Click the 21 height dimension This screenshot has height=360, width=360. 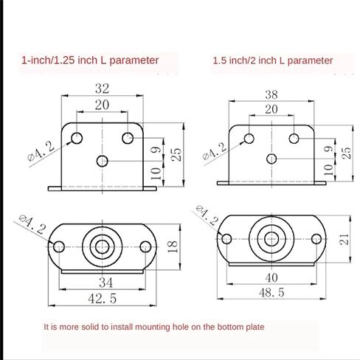pos(345,238)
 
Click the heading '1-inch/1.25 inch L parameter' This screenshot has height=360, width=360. pos(90,60)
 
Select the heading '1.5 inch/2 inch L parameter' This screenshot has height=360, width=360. pos(271,60)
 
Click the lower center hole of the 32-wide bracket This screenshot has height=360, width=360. pos(102,159)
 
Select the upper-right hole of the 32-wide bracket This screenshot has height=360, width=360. pos(128,137)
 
